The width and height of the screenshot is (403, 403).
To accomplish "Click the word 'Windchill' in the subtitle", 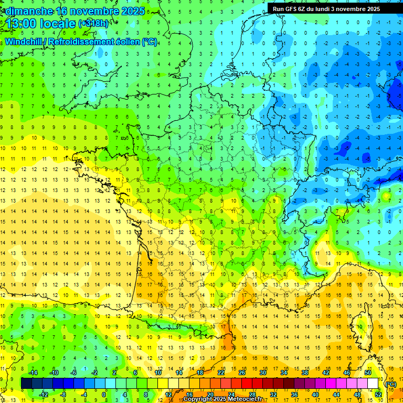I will click(x=23, y=42).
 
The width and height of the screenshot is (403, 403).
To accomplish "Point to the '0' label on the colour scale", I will click(x=104, y=394).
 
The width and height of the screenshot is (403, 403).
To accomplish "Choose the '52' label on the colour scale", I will click(x=378, y=394).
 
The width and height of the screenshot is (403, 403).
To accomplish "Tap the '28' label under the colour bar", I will click(x=252, y=394).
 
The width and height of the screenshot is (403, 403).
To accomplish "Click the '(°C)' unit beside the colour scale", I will click(x=391, y=384).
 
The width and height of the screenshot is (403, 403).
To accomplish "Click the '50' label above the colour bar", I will click(x=367, y=373).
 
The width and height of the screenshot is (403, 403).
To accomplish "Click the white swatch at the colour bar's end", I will click(x=373, y=384).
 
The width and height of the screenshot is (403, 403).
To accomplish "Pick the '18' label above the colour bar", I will click(x=199, y=373).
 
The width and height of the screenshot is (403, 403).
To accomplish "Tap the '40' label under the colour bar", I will click(x=315, y=394).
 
